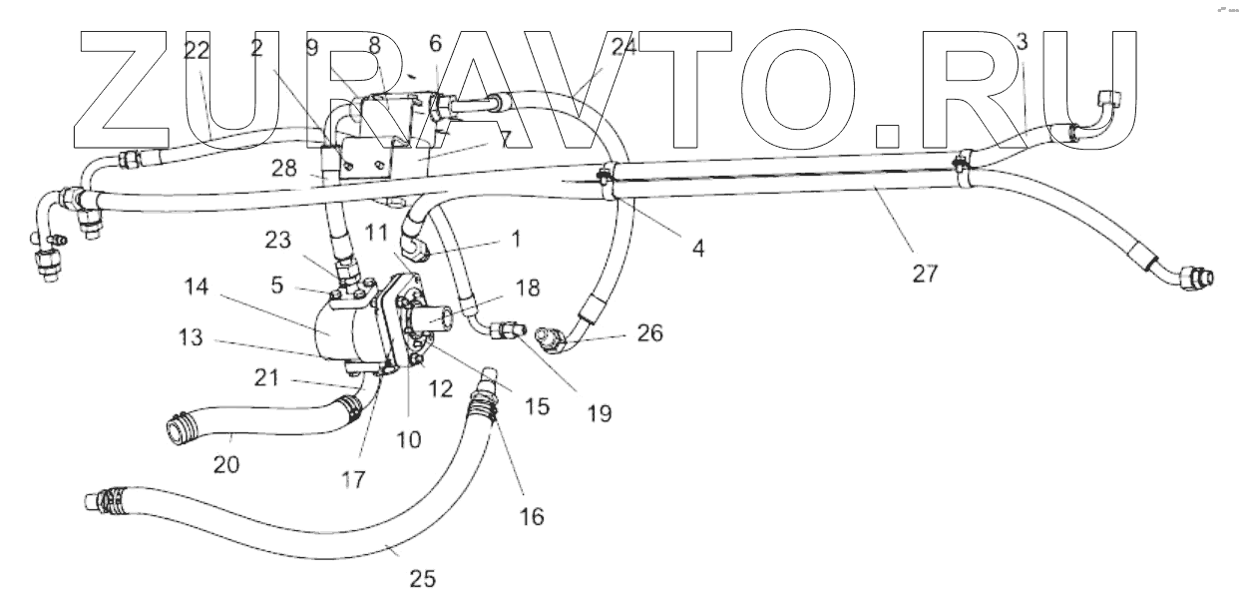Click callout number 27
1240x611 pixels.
pyautogui.click(x=925, y=273)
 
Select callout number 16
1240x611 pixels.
pyautogui.click(x=533, y=515)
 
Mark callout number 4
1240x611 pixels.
pyautogui.click(x=698, y=247)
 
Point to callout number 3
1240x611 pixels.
pyautogui.click(x=1022, y=42)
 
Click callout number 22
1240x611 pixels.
pyautogui.click(x=198, y=52)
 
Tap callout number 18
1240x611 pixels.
pyautogui.click(x=527, y=289)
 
